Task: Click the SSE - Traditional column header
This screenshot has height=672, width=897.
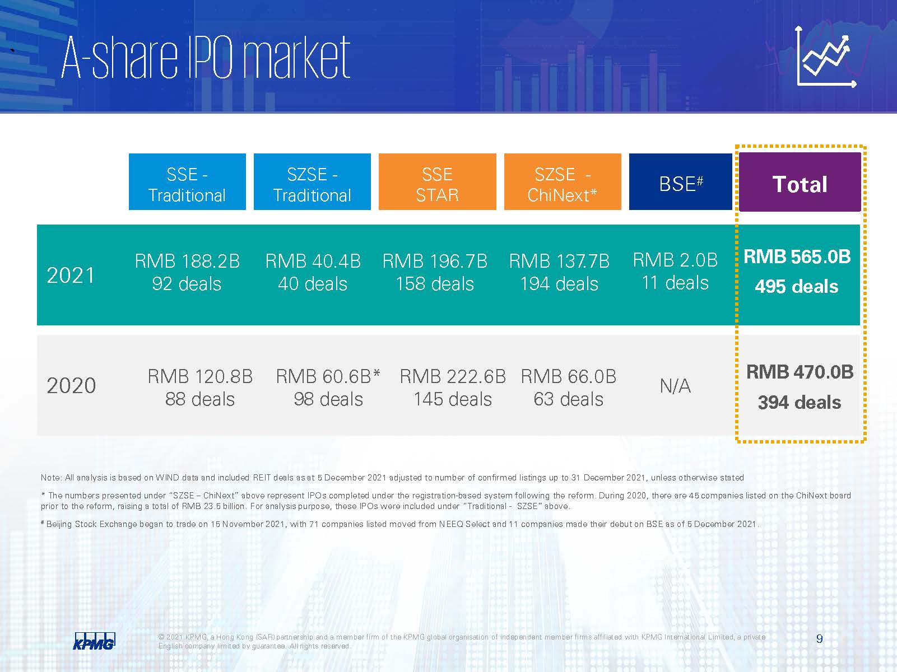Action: (187, 181)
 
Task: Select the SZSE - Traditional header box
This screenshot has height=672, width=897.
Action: (312, 181)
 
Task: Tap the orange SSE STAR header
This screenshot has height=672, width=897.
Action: (437, 181)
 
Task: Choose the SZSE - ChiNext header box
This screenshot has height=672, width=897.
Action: (563, 181)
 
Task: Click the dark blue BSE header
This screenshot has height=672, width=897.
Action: (680, 181)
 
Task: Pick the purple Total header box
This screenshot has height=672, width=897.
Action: (800, 182)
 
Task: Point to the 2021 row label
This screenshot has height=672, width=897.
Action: (71, 275)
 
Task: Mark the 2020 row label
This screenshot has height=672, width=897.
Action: (71, 385)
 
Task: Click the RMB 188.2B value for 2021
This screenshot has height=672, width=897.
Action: (187, 262)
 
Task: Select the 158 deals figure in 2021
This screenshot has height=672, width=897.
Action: (435, 284)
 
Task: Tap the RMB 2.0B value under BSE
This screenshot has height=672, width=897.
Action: (675, 260)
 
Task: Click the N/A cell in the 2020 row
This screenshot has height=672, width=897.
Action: (675, 386)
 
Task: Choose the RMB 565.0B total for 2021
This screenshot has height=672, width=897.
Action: (797, 257)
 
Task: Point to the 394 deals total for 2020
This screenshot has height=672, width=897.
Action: (800, 403)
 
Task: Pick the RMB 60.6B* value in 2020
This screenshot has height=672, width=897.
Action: (328, 376)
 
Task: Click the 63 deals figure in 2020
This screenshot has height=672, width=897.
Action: (569, 399)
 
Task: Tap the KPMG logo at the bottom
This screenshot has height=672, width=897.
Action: (94, 641)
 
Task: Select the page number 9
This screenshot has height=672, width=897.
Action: (819, 639)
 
